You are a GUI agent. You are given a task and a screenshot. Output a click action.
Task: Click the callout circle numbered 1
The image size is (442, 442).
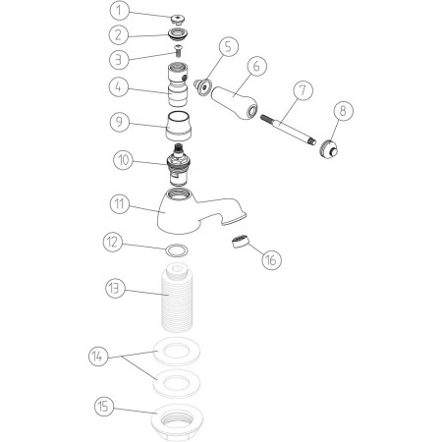click(119, 11)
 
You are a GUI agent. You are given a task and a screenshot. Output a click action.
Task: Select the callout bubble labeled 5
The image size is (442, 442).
click(228, 46)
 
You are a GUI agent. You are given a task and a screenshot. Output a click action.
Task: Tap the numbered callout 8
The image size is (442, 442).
click(343, 111)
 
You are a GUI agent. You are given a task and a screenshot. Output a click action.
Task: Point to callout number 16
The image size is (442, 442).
click(271, 260)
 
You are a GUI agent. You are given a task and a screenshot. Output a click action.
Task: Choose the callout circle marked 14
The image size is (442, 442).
click(98, 357)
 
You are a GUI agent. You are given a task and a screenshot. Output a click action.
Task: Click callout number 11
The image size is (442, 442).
click(120, 204)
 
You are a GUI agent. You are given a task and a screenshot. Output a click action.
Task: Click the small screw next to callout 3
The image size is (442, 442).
click(179, 50)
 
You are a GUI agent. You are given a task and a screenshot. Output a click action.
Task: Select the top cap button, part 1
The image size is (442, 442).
click(178, 19)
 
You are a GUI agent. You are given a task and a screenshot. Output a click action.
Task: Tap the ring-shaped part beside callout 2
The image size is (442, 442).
click(178, 33)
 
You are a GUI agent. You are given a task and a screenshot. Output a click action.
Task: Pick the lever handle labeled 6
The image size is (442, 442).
click(234, 101)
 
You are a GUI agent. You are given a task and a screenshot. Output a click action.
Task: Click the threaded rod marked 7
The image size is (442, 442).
click(289, 130)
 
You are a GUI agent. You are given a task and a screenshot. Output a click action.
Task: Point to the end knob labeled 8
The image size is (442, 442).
click(329, 148)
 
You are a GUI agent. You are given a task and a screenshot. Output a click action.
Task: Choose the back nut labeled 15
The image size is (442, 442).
click(177, 422)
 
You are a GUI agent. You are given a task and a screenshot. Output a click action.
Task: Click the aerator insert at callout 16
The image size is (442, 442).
click(241, 242)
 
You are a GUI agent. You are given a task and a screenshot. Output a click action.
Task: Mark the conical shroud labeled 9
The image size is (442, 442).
click(178, 126)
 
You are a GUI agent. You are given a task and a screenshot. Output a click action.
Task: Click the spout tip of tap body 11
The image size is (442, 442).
click(234, 220)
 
